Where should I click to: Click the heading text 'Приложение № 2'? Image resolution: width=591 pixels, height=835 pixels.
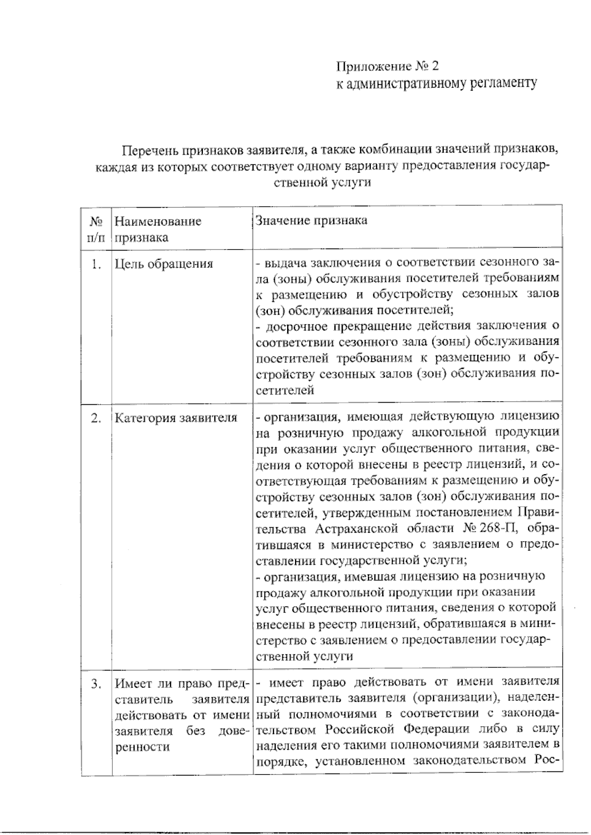[x=387, y=66]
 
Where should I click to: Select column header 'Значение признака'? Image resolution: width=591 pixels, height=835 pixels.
[x=311, y=220]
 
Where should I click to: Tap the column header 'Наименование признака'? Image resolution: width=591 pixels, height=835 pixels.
[x=158, y=229]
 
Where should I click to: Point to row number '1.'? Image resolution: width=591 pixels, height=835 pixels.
[x=97, y=264]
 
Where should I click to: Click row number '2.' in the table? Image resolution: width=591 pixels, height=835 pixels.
[x=97, y=418]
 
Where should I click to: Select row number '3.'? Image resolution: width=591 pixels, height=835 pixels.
[x=97, y=684]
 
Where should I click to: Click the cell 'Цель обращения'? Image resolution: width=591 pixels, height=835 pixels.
[x=164, y=264]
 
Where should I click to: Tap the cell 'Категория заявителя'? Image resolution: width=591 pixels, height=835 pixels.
[x=176, y=418]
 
